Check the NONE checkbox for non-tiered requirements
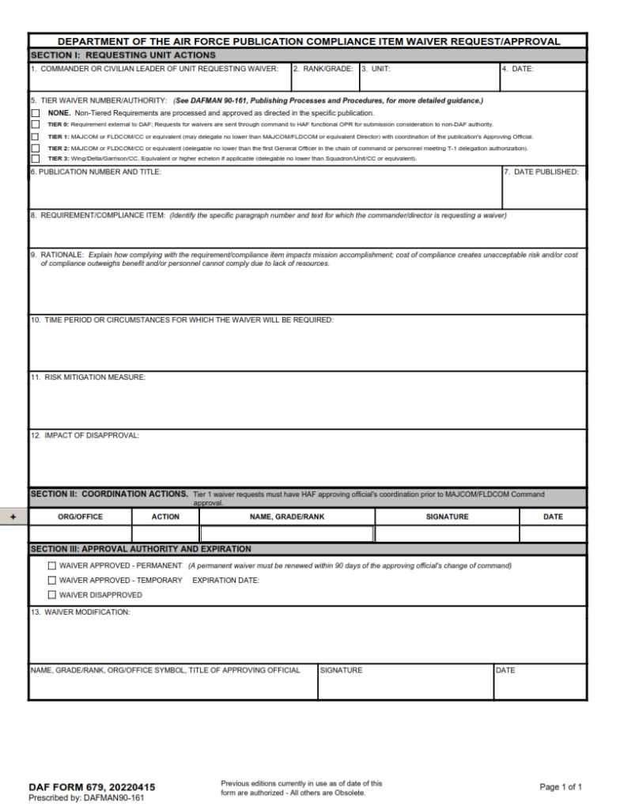click(35, 113)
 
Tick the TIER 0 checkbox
click(35, 124)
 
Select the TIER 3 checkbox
click(35, 159)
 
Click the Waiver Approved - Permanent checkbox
click(52, 566)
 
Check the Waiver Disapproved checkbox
click(52, 595)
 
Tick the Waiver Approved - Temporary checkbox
click(52, 581)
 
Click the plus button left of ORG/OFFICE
click(13, 517)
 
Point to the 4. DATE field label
click(519, 69)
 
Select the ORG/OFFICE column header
click(80, 517)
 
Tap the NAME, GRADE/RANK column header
click(287, 517)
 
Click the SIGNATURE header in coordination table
click(447, 517)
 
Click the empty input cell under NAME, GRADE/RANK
click(287, 534)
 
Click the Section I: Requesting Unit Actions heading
click(123, 55)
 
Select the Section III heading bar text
click(141, 549)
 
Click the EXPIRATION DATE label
click(226, 581)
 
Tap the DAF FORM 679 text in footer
click(92, 787)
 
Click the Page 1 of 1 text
click(561, 787)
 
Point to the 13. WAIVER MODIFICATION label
click(81, 612)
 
